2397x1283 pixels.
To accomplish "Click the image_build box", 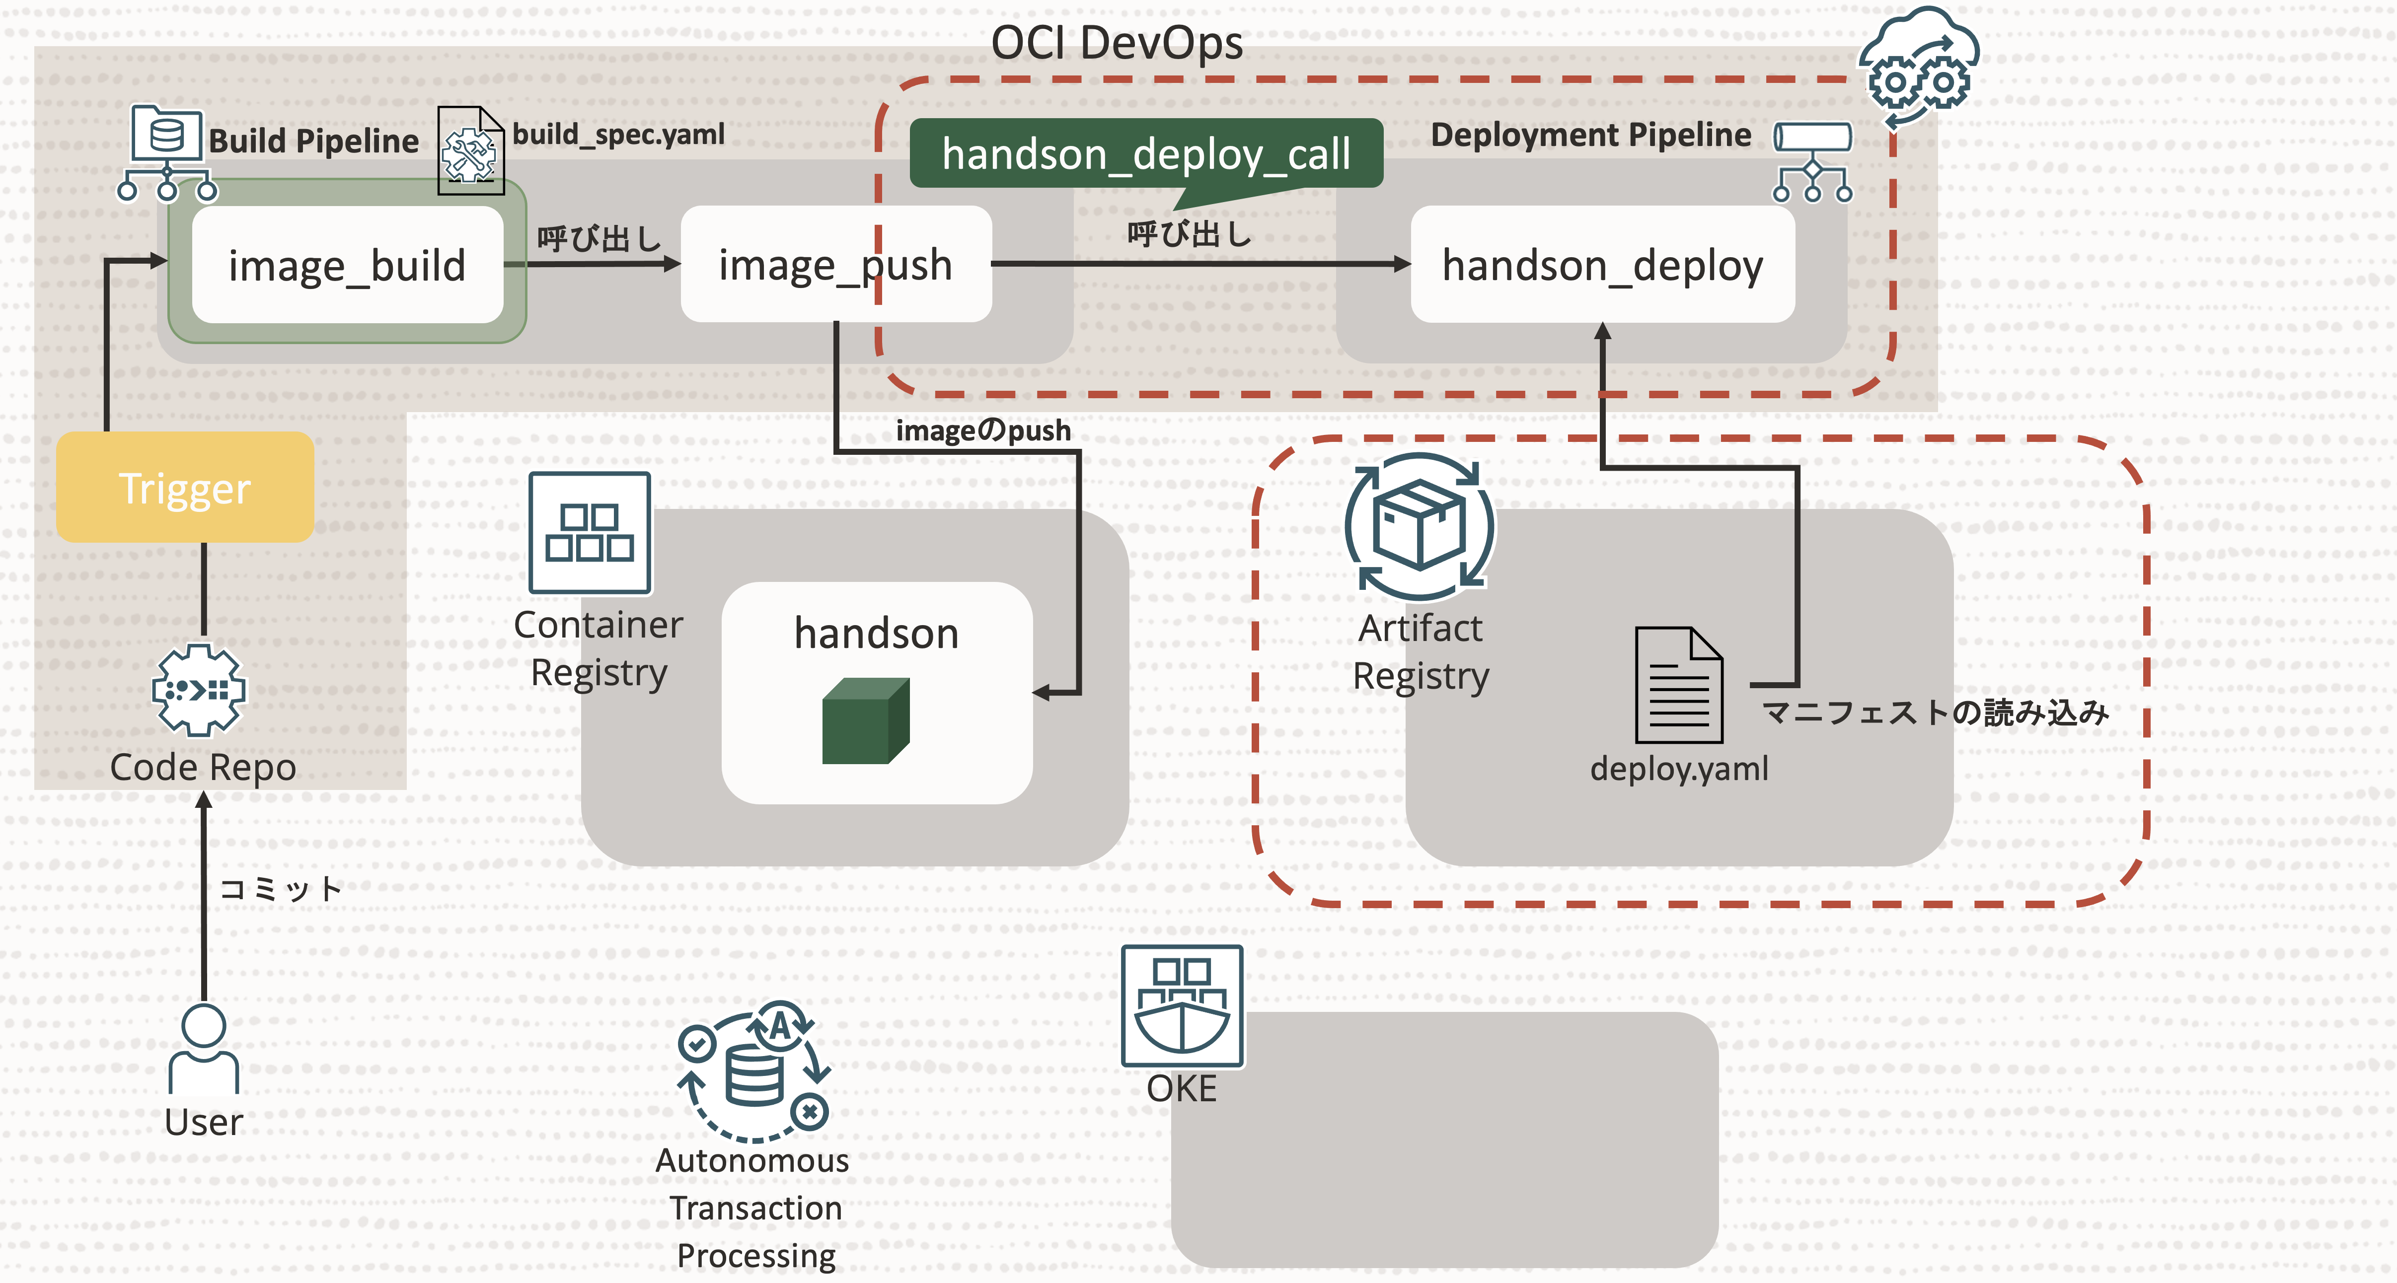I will (x=347, y=265).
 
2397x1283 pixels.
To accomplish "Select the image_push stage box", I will (x=835, y=265).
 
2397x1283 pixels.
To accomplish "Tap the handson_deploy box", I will (x=1602, y=265).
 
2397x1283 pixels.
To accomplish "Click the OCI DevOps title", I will (x=1117, y=43).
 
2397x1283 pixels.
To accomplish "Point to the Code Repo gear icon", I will (x=198, y=690).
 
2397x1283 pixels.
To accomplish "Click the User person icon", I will (x=204, y=1049).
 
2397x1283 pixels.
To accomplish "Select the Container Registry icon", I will (x=590, y=532).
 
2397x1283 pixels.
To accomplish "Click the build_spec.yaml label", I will (x=619, y=135).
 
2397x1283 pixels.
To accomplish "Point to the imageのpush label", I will (x=982, y=431).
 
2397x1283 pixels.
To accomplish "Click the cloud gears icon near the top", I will (x=1919, y=65).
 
